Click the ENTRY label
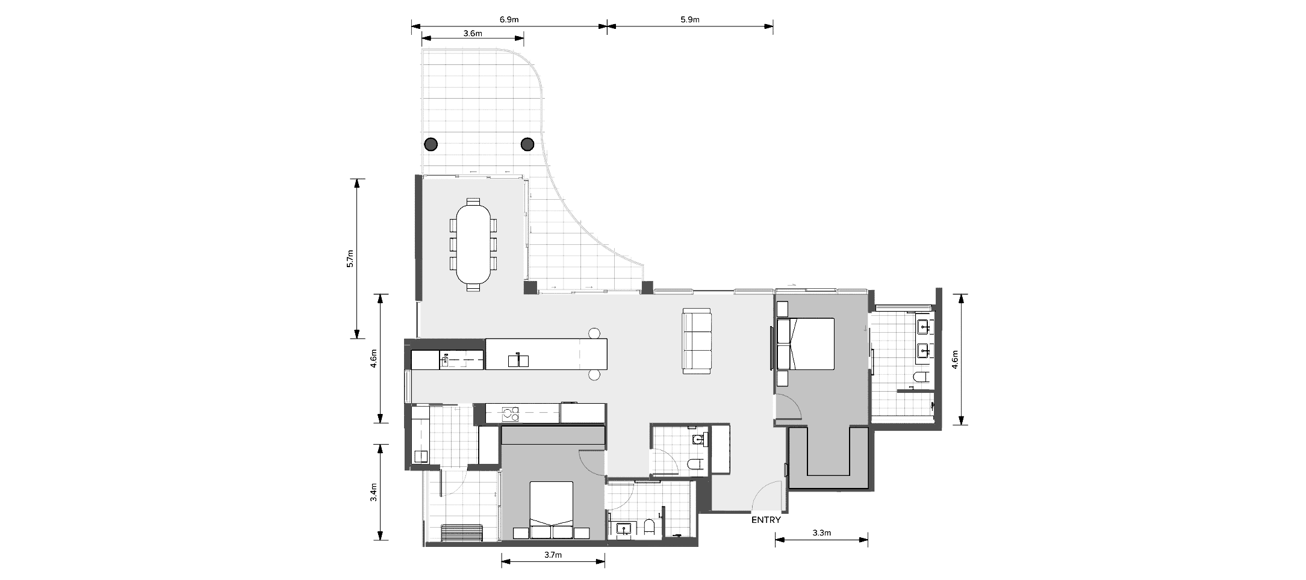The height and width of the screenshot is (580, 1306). tap(766, 520)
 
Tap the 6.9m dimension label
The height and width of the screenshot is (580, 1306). tap(509, 19)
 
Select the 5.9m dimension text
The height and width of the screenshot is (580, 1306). tap(690, 19)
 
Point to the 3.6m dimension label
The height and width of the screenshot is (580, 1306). tap(473, 34)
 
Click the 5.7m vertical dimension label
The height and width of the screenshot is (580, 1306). tap(350, 259)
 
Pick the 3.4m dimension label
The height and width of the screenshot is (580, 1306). tap(373, 493)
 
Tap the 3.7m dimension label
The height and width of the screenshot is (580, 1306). tap(552, 555)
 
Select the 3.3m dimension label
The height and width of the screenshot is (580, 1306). tap(821, 533)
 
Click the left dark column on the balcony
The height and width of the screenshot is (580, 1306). tap(431, 144)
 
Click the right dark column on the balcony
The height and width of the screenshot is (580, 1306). tap(527, 144)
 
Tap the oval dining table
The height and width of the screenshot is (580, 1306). tap(473, 244)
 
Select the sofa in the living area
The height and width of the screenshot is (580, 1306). tap(697, 341)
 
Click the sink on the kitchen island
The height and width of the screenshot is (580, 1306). tap(518, 360)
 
